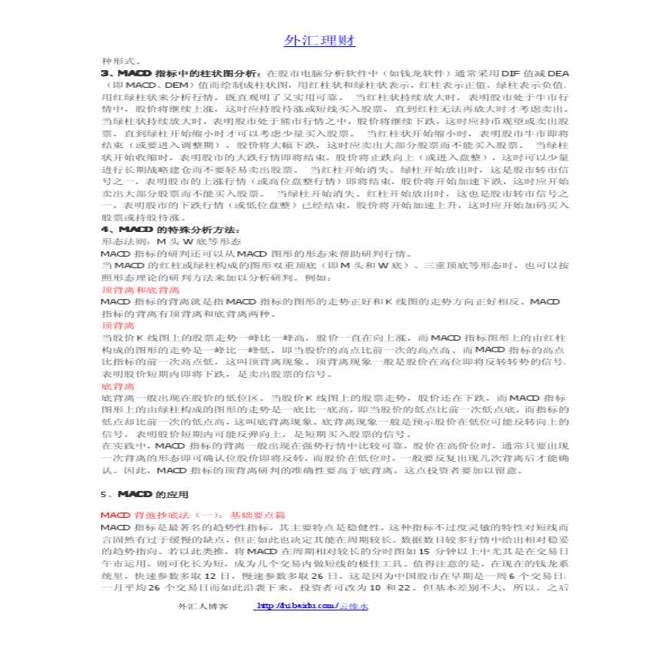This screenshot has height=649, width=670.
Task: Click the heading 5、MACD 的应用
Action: coord(144,494)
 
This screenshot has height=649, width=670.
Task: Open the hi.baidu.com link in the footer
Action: coord(312,607)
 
